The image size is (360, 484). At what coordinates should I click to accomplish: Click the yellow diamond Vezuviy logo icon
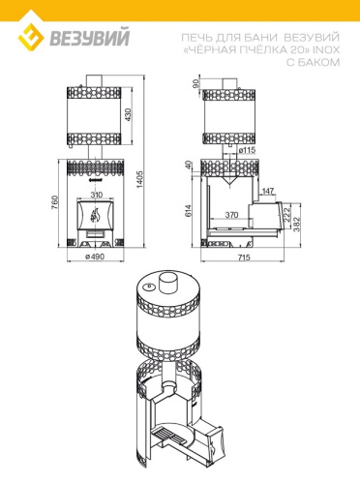click(31, 38)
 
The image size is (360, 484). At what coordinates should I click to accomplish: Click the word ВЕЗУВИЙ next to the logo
click(89, 38)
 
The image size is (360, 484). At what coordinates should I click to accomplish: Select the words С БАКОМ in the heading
click(313, 62)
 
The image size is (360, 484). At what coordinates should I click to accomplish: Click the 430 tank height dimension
click(129, 114)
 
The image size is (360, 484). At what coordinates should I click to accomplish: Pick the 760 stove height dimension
click(54, 202)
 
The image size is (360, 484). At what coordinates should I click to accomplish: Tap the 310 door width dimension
click(97, 195)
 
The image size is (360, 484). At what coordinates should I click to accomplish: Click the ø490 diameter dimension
click(95, 257)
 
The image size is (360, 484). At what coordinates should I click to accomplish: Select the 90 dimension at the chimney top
click(195, 84)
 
